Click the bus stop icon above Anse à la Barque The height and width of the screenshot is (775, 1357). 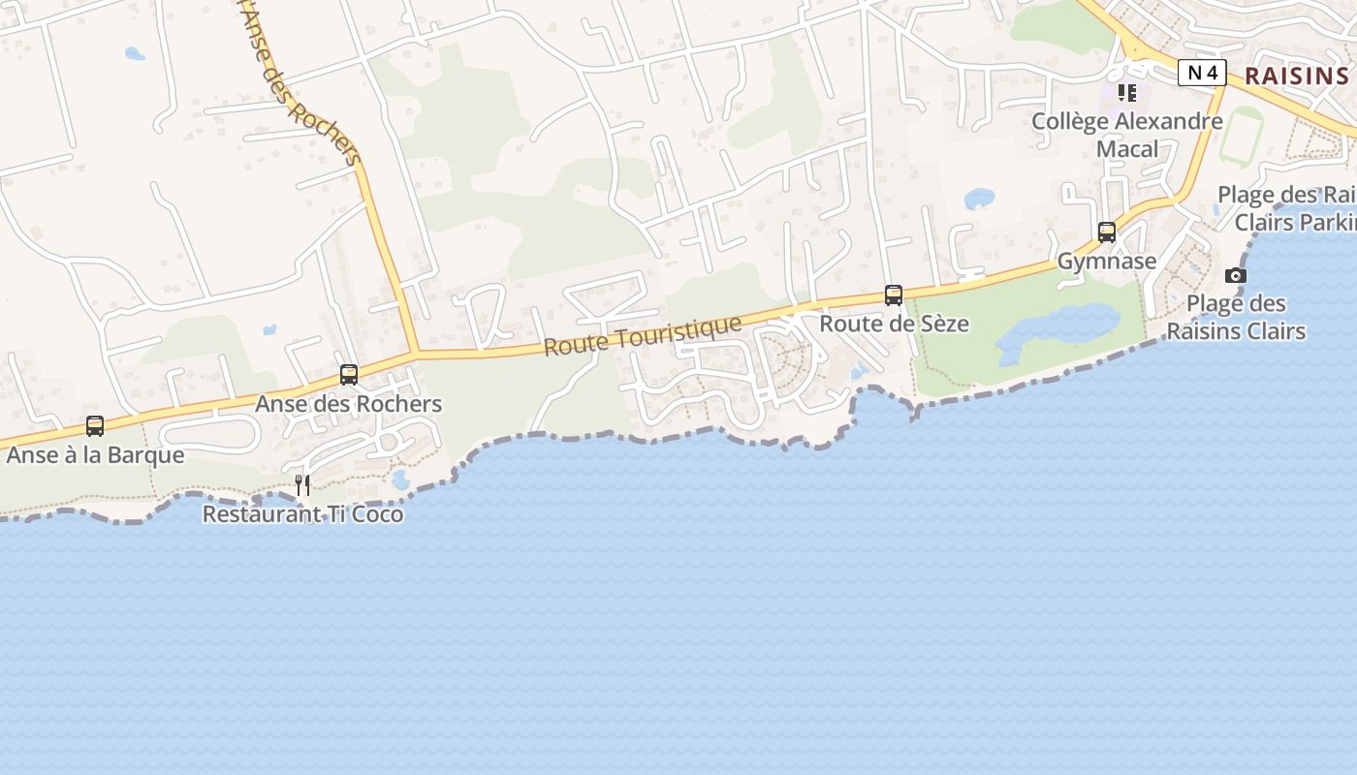coord(95,425)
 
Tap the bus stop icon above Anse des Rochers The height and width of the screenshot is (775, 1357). coord(349,374)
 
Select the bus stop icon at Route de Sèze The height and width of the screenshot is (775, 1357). coord(894,295)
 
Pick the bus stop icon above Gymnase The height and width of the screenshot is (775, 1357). coord(1107,232)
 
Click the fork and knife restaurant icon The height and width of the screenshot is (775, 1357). coord(302,484)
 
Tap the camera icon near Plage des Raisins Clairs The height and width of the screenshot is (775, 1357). coord(1236,275)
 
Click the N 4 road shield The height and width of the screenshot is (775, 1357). coord(1202,73)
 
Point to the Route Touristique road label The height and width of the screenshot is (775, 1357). coord(643,335)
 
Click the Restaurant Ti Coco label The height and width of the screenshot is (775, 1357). coord(302,514)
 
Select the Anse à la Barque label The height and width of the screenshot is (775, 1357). coord(95,454)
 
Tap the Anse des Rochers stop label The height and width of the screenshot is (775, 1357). coord(349,404)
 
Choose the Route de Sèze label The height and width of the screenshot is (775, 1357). coord(894,324)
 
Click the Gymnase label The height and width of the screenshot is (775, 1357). coord(1107,261)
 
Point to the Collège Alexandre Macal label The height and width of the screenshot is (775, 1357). coord(1127,135)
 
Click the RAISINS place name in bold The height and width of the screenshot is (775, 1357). coord(1296,76)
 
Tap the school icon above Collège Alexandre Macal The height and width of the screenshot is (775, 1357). coord(1127,93)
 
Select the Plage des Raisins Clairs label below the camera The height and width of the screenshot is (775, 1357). coord(1236,317)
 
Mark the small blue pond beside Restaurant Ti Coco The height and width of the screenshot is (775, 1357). coord(400,480)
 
